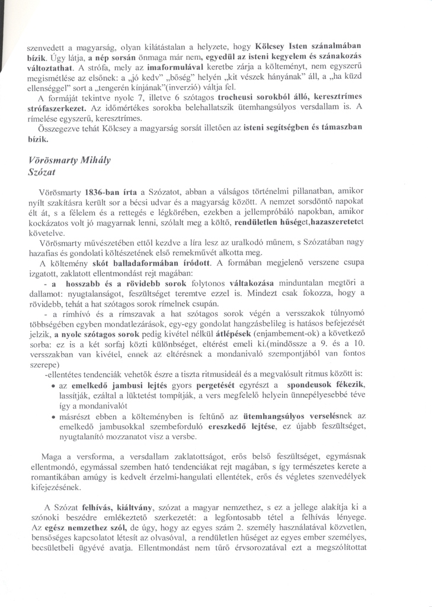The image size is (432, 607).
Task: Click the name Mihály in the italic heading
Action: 97,161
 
